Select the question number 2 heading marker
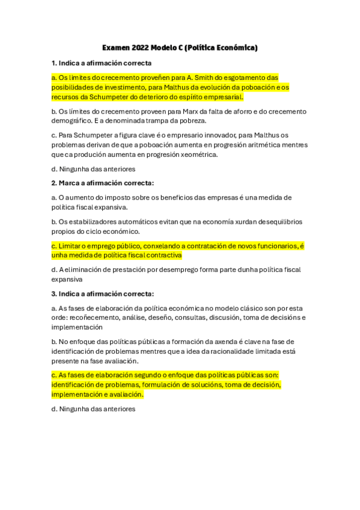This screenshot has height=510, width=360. click(x=54, y=183)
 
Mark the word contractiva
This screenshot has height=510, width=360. click(x=162, y=256)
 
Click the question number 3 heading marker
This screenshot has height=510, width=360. click(x=54, y=293)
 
